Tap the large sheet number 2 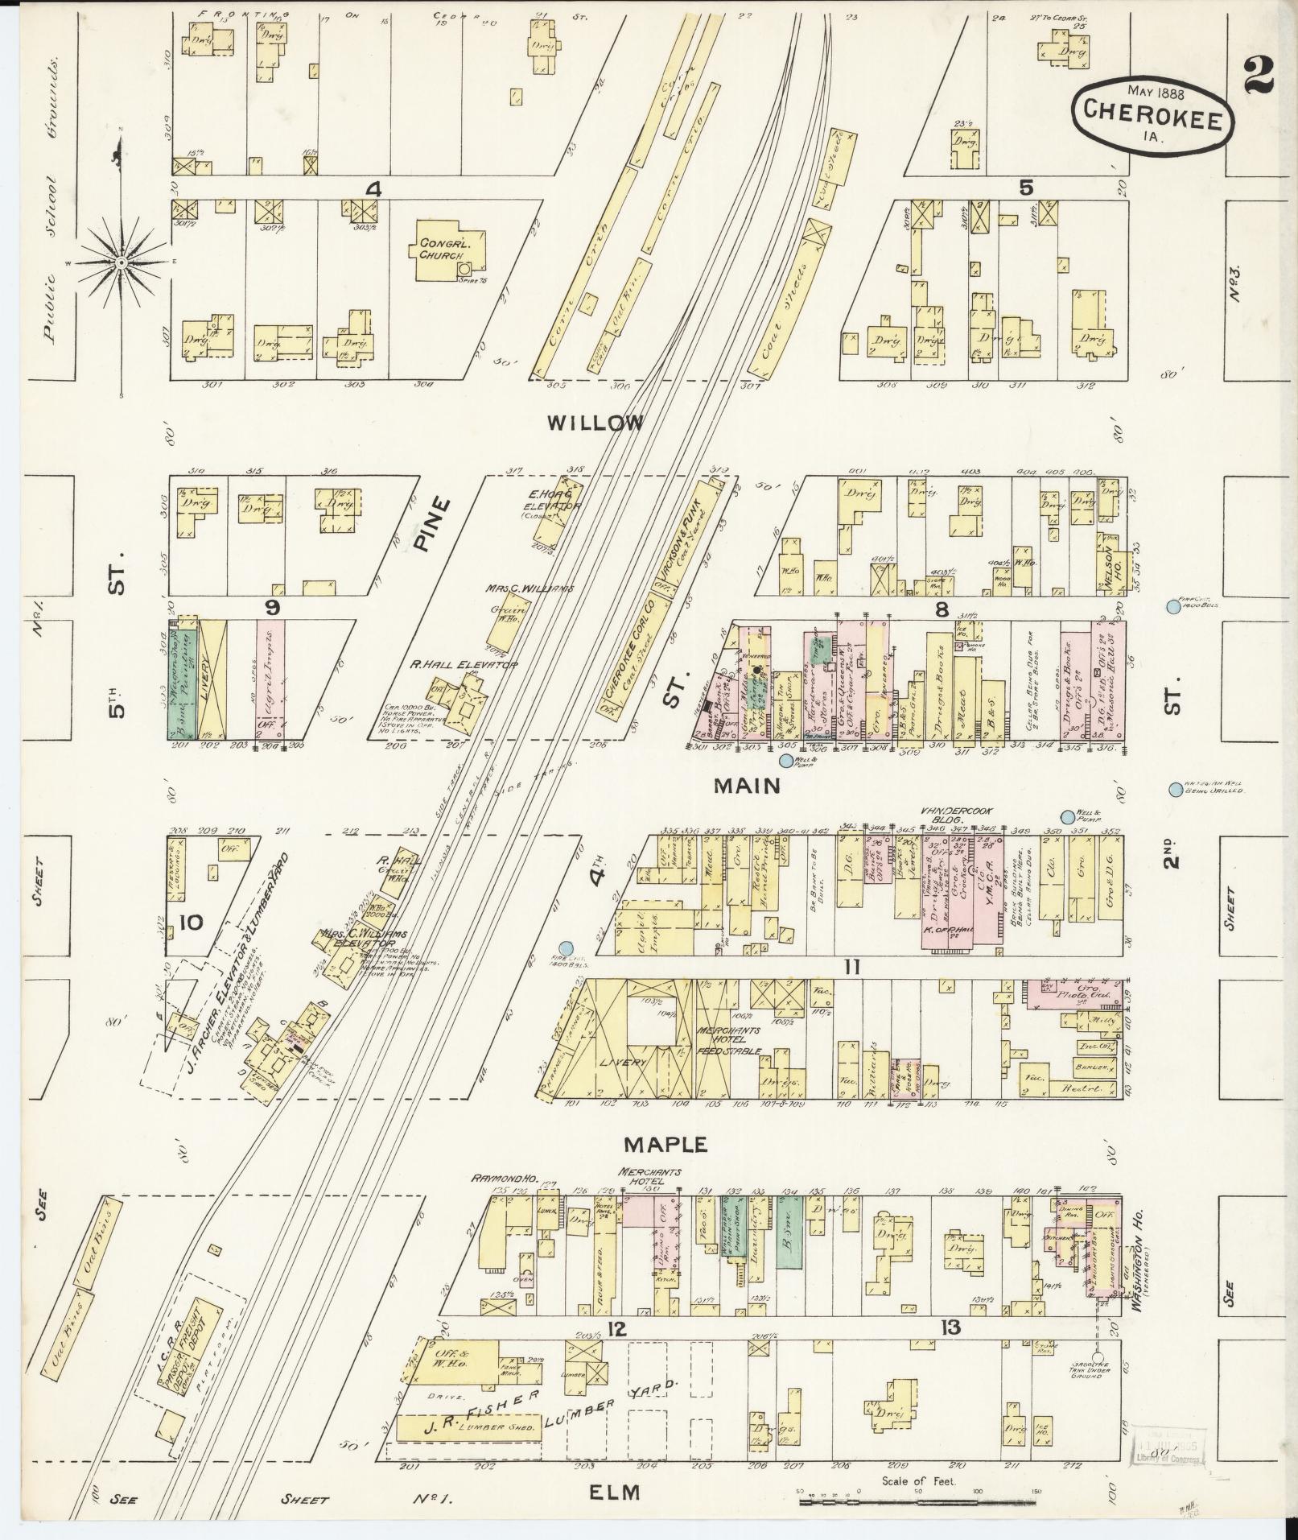coord(1259,76)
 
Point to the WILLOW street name coord(595,423)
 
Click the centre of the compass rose coord(121,262)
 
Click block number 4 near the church coord(373,189)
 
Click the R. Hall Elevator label coord(464,664)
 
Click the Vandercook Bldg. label coord(956,815)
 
